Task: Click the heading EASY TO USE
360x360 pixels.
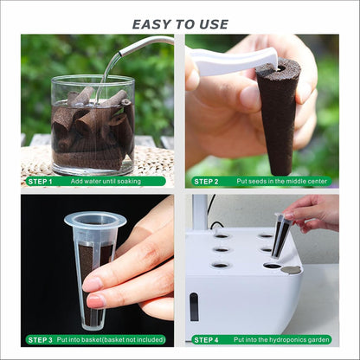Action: click(x=180, y=24)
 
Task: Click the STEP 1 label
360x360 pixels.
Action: click(x=40, y=182)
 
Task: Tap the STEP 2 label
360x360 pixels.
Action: click(x=205, y=182)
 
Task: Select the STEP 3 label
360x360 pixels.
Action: click(x=40, y=340)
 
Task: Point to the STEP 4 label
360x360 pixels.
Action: click(x=205, y=340)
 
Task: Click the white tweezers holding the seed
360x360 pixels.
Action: click(x=229, y=60)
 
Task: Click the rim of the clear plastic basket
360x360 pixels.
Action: click(x=95, y=221)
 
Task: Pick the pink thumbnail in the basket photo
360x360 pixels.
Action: click(x=92, y=284)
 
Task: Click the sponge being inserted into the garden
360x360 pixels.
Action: click(x=280, y=238)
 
